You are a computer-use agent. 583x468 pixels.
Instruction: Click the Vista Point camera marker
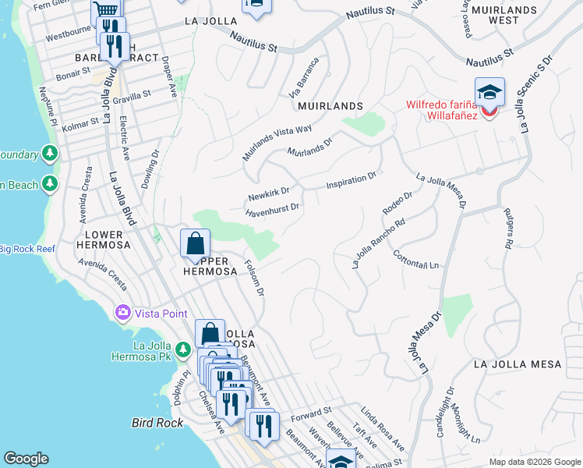[123, 313]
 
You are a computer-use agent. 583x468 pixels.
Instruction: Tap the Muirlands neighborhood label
[330, 105]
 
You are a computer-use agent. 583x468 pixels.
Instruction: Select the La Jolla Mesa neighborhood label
[518, 364]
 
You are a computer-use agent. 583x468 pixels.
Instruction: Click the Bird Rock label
[157, 423]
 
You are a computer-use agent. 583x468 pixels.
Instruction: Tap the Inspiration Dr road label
[351, 181]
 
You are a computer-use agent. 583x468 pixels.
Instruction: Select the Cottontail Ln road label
[415, 261]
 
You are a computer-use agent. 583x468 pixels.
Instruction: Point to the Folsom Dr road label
[255, 278]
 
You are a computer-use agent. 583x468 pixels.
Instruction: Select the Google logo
[26, 459]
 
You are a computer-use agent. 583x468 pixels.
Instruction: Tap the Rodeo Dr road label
[397, 204]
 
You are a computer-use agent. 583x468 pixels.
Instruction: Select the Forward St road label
[311, 413]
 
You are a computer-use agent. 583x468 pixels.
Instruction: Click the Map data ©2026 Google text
[534, 462]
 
